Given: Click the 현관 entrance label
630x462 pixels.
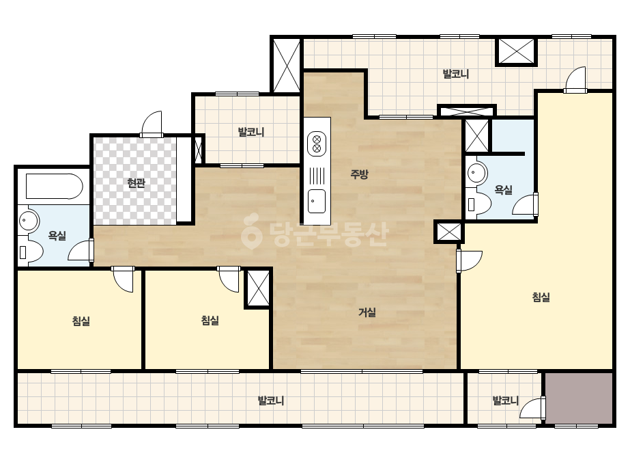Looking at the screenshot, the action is click(x=136, y=183).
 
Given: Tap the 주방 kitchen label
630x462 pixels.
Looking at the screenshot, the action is click(x=359, y=174).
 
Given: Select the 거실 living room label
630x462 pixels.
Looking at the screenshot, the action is click(x=367, y=312).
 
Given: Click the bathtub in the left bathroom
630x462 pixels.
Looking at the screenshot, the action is click(x=54, y=187).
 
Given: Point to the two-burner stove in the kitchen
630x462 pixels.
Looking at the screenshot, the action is click(x=317, y=144).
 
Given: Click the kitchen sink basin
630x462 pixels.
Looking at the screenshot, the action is click(x=317, y=201).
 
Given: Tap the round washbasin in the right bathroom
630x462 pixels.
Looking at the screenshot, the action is click(x=476, y=174).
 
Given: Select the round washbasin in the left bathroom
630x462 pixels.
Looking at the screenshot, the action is click(x=28, y=221).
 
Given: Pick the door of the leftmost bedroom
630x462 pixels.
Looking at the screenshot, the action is click(x=123, y=279).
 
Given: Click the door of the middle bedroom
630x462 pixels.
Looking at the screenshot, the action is click(x=229, y=279).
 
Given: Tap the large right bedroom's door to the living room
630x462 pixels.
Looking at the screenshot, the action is click(x=469, y=261).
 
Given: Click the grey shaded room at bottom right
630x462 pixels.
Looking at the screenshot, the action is click(x=579, y=398).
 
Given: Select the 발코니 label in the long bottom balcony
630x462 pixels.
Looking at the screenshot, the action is click(x=271, y=400).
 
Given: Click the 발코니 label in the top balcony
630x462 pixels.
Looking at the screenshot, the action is click(x=456, y=74).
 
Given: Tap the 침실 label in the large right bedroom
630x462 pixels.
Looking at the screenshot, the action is click(x=541, y=297).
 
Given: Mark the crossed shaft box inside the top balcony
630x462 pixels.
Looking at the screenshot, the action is click(x=516, y=51).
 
